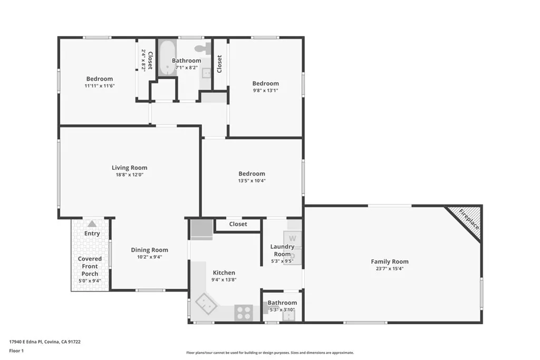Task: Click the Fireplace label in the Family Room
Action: coord(469,220)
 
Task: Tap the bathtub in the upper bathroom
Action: coord(167,57)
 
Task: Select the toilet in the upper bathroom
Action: coord(201,49)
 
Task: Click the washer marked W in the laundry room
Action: coord(293,238)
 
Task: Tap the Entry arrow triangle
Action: coord(92,224)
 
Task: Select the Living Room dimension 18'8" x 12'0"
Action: coord(129,175)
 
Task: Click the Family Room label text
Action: coord(389,261)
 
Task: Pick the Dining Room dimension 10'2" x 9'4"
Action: coord(149,257)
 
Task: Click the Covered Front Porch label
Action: coord(90,266)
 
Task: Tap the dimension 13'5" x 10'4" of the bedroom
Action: coord(252,181)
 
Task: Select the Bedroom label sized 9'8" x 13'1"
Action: coord(265,83)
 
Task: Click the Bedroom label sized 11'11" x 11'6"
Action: coord(100,79)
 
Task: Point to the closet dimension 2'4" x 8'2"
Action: coord(143,60)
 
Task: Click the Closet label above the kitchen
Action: coord(238,224)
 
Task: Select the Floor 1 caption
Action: coord(16,350)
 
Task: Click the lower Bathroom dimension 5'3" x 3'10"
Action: coord(282,309)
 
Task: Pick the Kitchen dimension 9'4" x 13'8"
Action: coord(224,280)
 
